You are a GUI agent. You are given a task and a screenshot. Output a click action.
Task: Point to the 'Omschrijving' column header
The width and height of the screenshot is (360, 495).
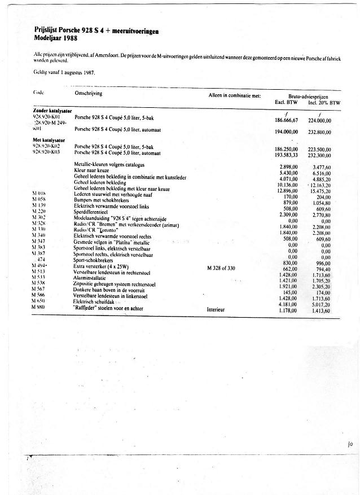[89, 93]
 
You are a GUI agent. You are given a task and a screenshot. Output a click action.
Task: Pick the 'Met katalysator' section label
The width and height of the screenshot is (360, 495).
[50, 139]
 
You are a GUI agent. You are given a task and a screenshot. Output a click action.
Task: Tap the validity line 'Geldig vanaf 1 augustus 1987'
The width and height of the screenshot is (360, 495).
[64, 72]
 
